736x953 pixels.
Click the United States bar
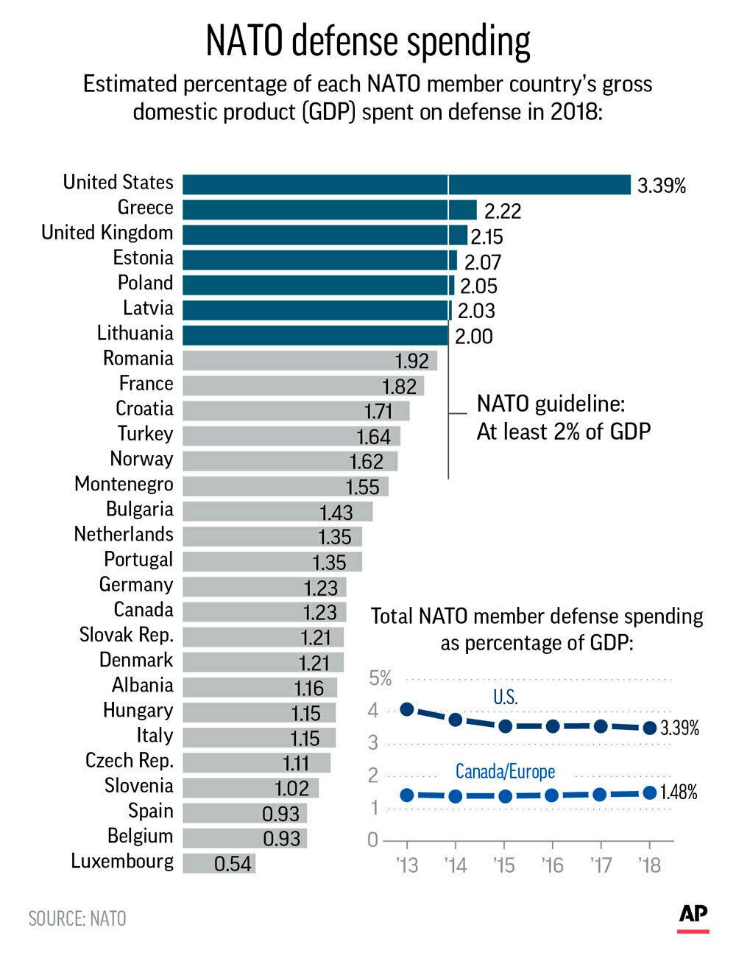point(406,184)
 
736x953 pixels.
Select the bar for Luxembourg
point(219,863)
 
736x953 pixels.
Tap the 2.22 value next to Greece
point(503,211)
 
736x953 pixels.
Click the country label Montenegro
point(124,484)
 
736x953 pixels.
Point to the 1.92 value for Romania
point(411,361)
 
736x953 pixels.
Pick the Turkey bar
point(291,436)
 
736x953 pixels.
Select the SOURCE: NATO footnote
point(77,918)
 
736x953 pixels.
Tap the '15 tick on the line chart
point(504,864)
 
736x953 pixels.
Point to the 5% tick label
point(381,678)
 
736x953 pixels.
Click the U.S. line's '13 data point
point(407,709)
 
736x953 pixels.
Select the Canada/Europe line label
point(505,771)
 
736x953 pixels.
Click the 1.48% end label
point(679,792)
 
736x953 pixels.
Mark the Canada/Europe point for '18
point(649,792)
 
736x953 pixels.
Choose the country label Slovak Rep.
point(126,635)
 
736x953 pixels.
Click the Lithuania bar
point(315,335)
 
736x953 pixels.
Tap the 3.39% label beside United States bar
point(661,186)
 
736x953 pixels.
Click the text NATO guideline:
point(551,404)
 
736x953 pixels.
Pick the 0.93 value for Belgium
point(281,838)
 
